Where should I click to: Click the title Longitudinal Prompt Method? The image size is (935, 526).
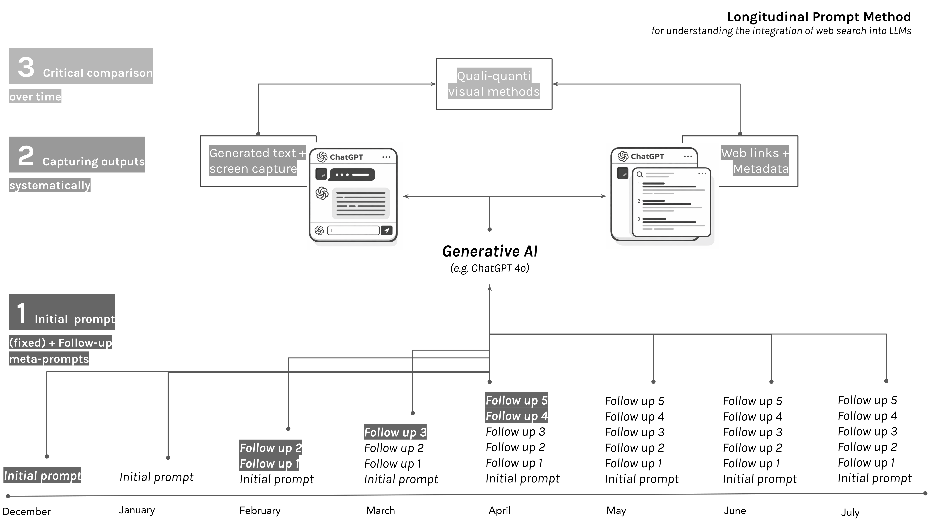pyautogui.click(x=819, y=17)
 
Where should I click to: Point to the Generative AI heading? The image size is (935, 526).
pyautogui.click(x=490, y=251)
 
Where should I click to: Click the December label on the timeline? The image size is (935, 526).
pyautogui.click(x=26, y=512)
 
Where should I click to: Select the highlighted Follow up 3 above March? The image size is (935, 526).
pyautogui.click(x=395, y=432)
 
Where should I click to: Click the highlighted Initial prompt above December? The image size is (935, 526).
pyautogui.click(x=43, y=475)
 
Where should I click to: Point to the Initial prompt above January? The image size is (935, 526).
pyautogui.click(x=156, y=477)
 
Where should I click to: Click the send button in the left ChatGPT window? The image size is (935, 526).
pyautogui.click(x=387, y=230)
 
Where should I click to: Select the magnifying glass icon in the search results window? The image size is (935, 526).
pyautogui.click(x=640, y=174)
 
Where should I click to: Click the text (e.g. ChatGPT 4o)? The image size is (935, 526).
pyautogui.click(x=490, y=268)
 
